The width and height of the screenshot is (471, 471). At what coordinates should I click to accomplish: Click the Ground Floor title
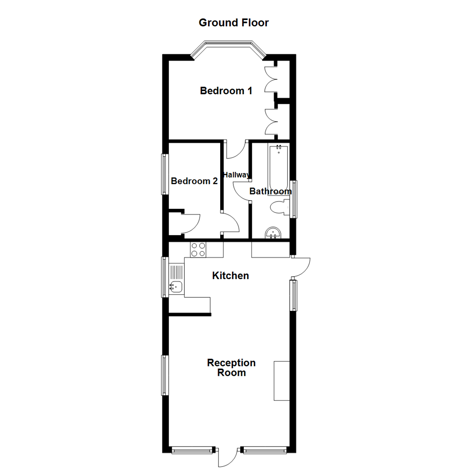tap(234, 23)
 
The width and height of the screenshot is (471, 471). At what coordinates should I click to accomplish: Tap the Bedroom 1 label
tap(226, 91)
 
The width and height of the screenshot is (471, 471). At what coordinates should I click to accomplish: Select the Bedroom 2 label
tap(194, 181)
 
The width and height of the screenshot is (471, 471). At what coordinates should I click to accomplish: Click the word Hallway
tap(236, 175)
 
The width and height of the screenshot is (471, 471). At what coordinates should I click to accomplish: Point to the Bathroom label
tap(270, 191)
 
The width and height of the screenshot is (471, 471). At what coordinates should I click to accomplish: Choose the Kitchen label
tap(230, 276)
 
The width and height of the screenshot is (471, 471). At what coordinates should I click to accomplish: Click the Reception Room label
tap(231, 368)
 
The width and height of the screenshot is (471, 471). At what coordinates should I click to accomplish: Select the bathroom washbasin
tap(274, 233)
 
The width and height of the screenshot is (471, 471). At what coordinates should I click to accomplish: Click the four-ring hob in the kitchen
tap(198, 249)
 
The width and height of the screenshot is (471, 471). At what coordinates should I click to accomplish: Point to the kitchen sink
tap(176, 287)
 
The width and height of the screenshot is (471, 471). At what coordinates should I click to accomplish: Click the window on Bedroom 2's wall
tap(164, 174)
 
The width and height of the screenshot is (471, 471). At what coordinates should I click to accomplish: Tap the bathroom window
tap(294, 199)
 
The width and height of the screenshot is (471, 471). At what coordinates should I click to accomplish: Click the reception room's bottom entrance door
tap(227, 457)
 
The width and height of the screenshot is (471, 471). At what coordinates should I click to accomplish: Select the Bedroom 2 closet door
tap(191, 223)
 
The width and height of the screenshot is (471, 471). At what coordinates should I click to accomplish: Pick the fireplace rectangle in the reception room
tap(282, 380)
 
